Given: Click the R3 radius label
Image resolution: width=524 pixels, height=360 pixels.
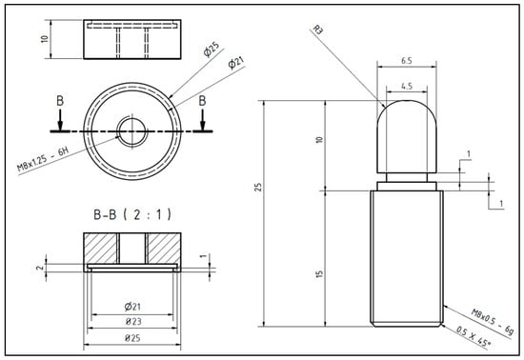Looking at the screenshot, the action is [x=318, y=30].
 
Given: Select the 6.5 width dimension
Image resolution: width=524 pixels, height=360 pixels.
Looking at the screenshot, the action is [x=407, y=61].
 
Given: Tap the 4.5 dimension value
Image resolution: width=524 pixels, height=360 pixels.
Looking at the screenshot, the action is [x=407, y=86].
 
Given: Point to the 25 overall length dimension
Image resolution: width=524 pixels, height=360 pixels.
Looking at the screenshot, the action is [x=258, y=187].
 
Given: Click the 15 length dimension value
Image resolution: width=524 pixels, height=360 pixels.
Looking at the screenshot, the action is [x=319, y=274].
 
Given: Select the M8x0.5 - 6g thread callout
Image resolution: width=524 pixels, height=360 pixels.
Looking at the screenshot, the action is [x=492, y=321].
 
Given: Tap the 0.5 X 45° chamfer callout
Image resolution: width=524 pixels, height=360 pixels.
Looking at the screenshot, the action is [x=474, y=336].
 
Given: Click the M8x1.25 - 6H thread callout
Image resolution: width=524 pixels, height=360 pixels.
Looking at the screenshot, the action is [x=43, y=159].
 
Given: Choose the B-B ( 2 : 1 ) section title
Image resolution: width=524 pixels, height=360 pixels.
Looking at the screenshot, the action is [x=132, y=214].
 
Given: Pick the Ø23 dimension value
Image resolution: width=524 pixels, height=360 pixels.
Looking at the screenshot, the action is [x=133, y=322].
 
